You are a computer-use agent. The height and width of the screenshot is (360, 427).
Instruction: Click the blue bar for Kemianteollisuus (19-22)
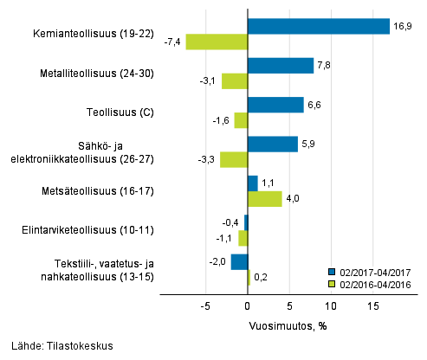[x=318, y=27]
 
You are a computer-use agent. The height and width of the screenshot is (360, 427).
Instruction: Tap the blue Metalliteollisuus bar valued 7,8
[x=280, y=66]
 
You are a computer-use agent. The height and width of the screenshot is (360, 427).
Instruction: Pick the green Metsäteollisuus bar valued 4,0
[x=264, y=199]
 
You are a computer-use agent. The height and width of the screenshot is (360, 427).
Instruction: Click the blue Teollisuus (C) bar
[x=275, y=105]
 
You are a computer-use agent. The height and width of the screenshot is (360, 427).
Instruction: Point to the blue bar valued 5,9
[x=272, y=144]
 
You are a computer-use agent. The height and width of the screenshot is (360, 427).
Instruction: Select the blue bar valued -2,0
[x=239, y=261]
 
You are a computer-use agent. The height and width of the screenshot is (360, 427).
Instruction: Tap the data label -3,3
[x=207, y=160]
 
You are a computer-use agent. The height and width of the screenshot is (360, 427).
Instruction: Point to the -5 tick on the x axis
[x=206, y=306]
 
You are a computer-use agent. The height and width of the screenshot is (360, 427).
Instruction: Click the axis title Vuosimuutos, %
[x=288, y=325]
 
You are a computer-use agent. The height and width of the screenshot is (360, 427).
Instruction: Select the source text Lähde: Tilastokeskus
[x=57, y=345]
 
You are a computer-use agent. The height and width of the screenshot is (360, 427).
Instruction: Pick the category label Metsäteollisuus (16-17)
[x=98, y=190]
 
